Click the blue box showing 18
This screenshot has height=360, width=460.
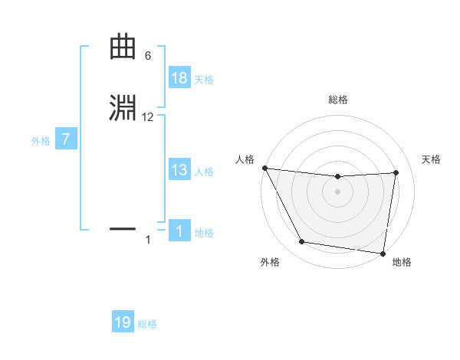(179, 78)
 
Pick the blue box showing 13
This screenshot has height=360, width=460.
(179, 170)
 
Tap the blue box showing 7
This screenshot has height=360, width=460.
(66, 140)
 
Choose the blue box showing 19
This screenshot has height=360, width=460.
(123, 322)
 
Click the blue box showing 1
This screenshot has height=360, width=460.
(179, 231)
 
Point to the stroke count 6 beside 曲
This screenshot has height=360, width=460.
(148, 56)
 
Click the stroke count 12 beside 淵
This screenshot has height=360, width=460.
(148, 117)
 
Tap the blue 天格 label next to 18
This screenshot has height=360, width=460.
(204, 80)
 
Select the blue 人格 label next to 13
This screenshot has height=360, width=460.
(204, 172)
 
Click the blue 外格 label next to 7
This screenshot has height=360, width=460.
(41, 141)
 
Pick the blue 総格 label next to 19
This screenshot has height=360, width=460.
(147, 324)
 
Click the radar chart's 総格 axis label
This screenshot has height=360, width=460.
(338, 100)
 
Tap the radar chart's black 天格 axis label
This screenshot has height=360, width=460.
(431, 159)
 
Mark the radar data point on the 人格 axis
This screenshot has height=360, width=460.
(264, 168)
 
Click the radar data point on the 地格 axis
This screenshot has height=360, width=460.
(383, 253)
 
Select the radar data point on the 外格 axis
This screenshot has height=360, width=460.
(302, 243)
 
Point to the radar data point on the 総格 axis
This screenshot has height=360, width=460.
(338, 177)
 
